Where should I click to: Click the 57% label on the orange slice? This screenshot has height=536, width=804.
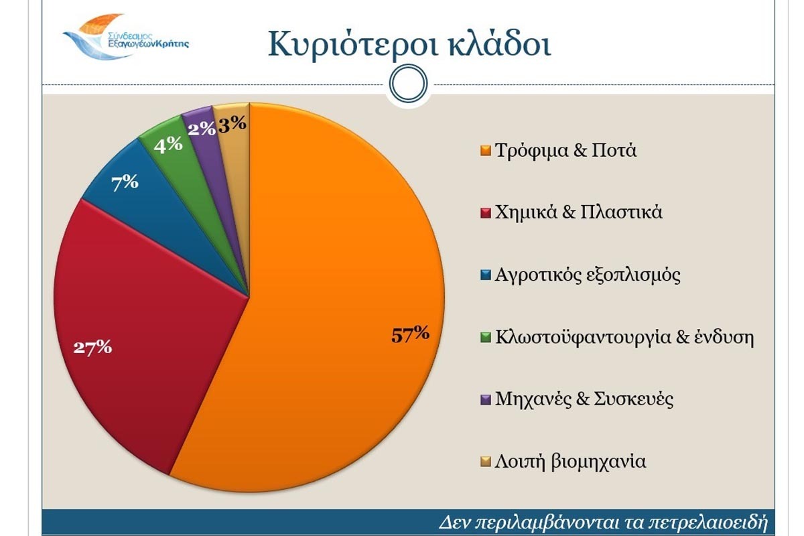(x=410, y=334)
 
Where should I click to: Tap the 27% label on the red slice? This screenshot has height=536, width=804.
(x=93, y=347)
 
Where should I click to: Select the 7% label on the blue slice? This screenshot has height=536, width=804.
(x=125, y=183)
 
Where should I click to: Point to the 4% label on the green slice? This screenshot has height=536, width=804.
(x=168, y=145)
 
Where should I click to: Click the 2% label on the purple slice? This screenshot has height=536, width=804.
(x=202, y=129)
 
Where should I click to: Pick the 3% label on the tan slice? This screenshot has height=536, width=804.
(x=232, y=123)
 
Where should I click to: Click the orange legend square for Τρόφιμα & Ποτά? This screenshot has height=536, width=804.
(x=486, y=151)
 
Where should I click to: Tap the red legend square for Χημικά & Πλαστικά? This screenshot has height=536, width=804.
(x=486, y=213)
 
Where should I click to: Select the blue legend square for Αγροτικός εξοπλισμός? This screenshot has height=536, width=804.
(x=486, y=275)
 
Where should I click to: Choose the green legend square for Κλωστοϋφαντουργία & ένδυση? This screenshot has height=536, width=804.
(x=486, y=337)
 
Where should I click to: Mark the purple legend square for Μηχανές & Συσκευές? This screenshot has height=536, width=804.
(x=486, y=399)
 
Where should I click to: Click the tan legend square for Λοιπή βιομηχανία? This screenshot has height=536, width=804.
(x=486, y=462)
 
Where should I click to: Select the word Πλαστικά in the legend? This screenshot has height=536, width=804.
(x=621, y=212)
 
